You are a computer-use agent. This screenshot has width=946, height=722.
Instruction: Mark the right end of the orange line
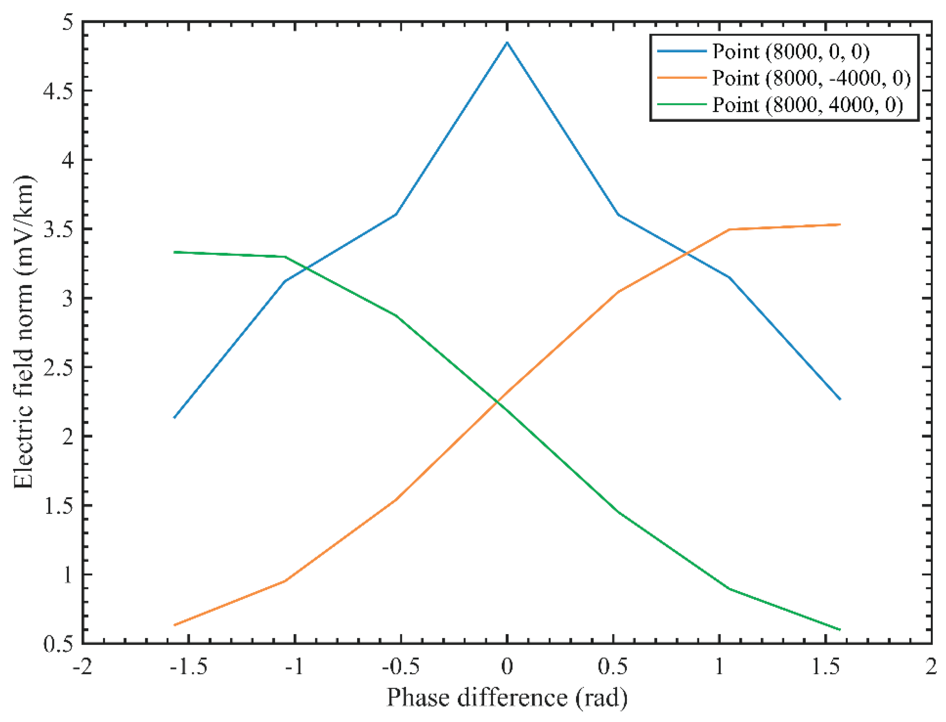click(x=840, y=224)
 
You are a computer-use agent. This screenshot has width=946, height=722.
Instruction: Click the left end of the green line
click(x=174, y=252)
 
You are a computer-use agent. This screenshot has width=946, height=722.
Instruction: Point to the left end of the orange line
click(x=174, y=625)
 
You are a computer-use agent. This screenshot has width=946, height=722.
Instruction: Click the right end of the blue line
click(x=840, y=399)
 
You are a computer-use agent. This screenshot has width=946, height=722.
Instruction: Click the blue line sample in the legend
click(x=682, y=51)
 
